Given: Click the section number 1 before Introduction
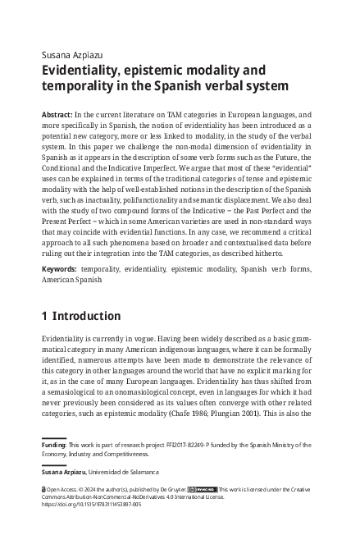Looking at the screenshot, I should click(44, 316).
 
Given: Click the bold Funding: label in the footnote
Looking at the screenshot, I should click(54, 445).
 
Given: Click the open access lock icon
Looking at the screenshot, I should click(43, 490).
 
